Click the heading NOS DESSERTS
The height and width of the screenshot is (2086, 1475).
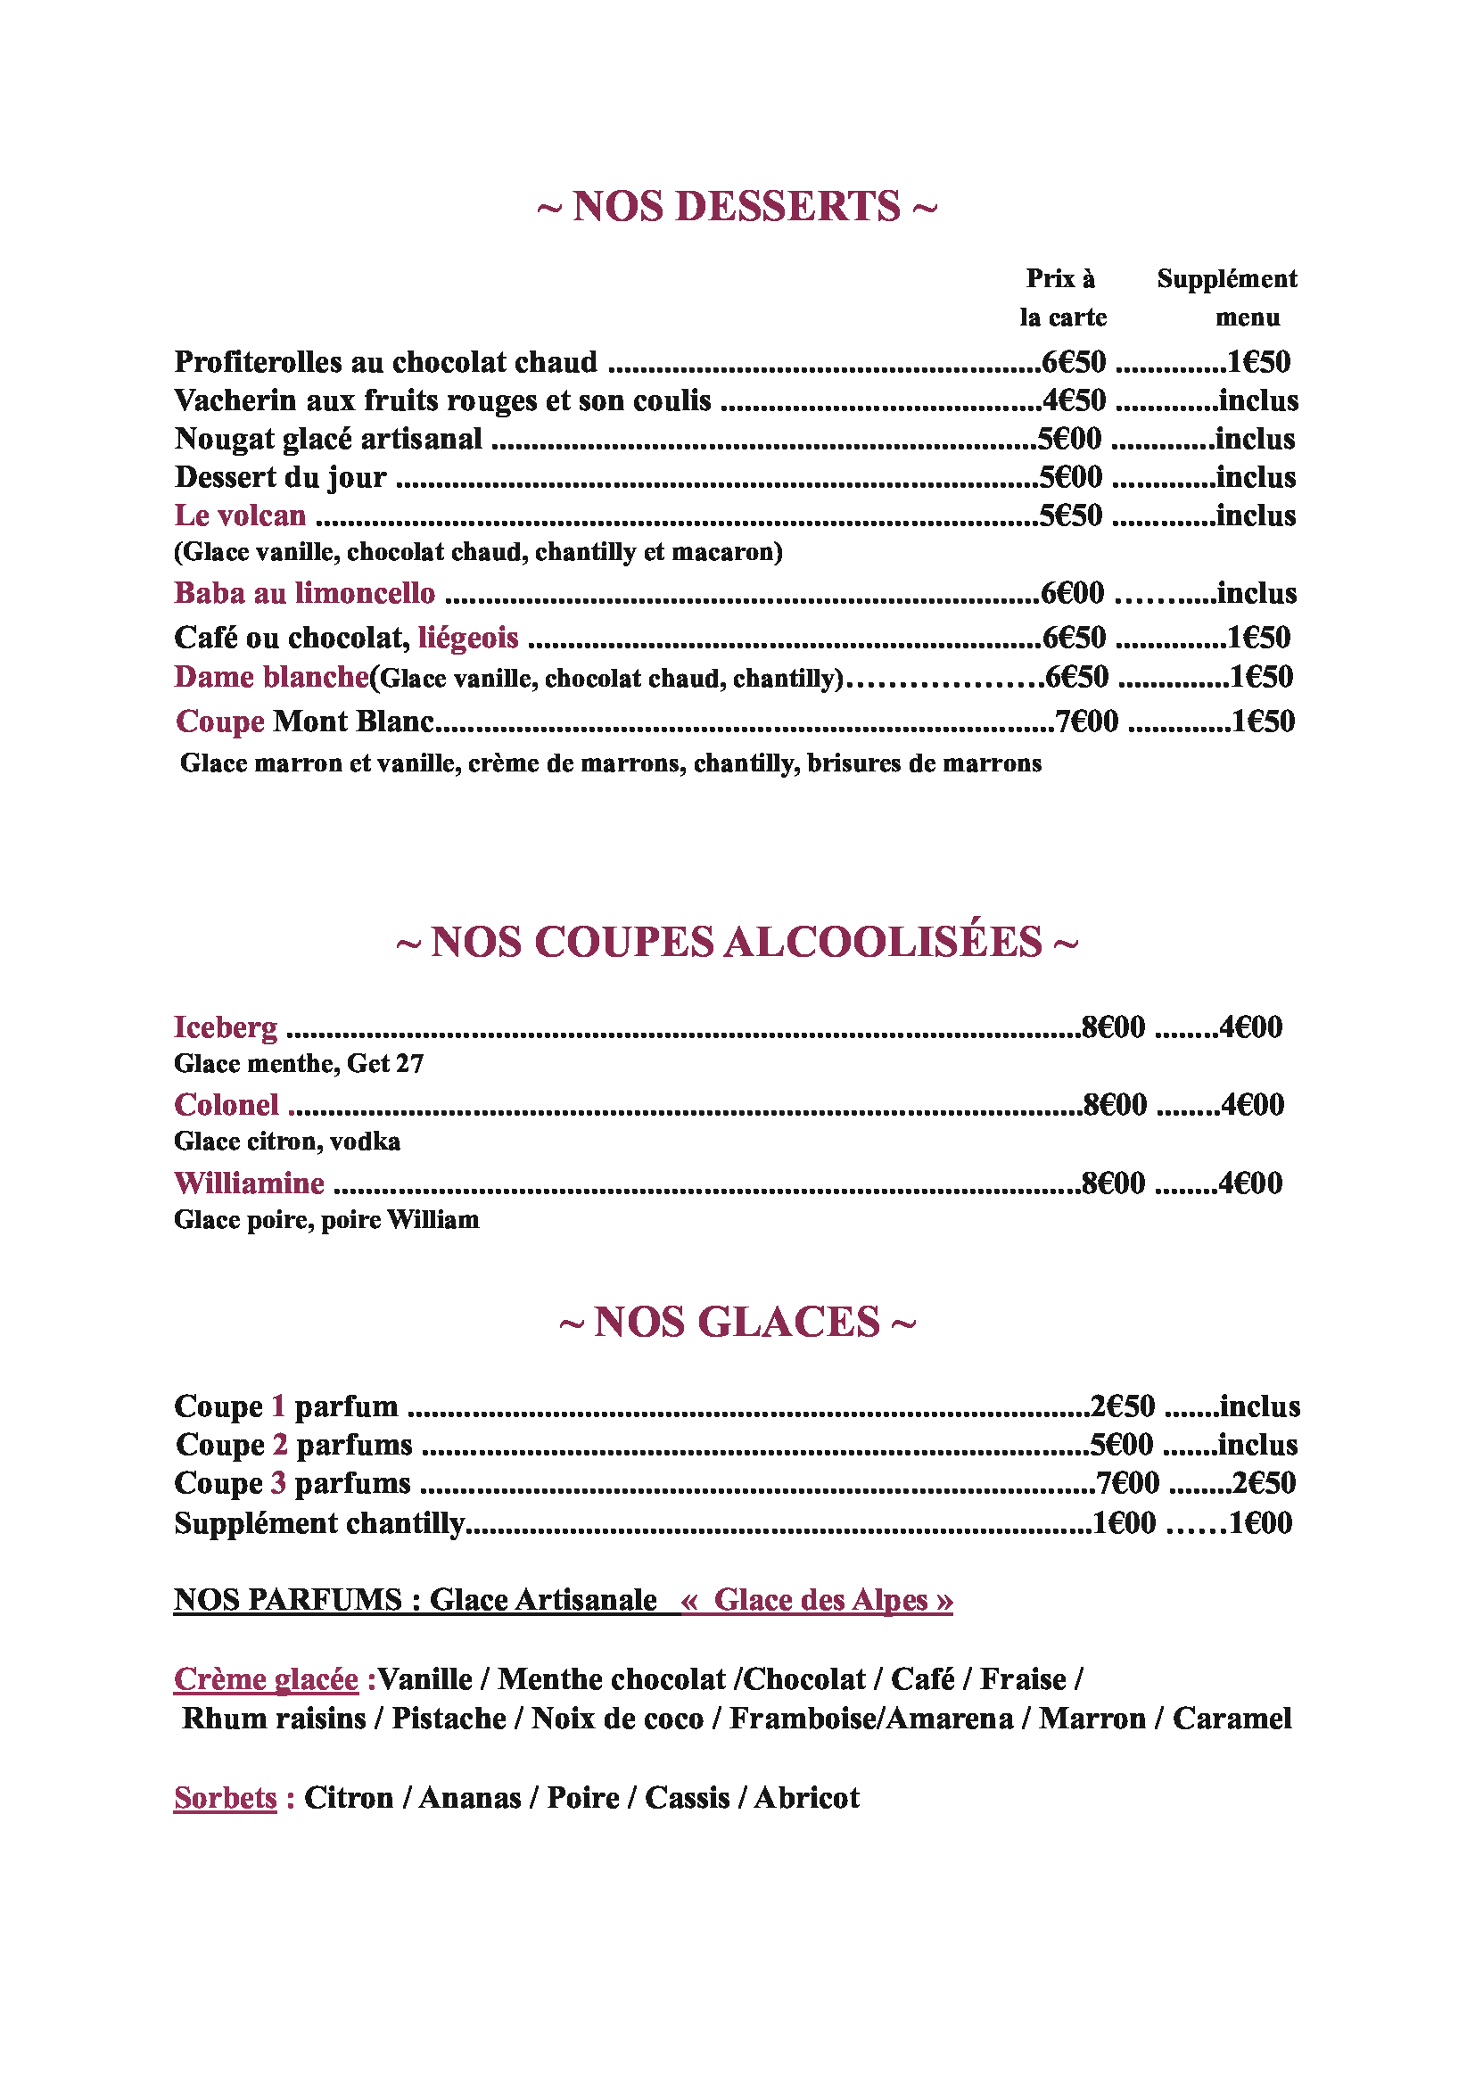click(x=737, y=206)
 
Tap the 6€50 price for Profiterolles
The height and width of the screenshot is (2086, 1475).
click(x=1074, y=361)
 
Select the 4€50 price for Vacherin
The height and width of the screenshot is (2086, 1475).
click(x=1074, y=400)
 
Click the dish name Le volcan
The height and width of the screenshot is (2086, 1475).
click(x=240, y=515)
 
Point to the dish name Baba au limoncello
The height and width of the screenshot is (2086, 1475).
click(x=304, y=592)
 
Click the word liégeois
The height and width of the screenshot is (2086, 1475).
click(x=468, y=637)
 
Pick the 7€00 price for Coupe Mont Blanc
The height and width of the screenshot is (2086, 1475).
click(x=1086, y=721)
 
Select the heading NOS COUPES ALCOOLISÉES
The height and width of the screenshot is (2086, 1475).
click(x=737, y=941)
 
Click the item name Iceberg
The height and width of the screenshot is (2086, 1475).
click(x=226, y=1027)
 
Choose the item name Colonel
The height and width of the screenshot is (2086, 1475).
click(x=227, y=1104)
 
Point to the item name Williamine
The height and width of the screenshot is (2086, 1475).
click(x=249, y=1182)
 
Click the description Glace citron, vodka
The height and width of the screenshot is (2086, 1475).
click(x=287, y=1141)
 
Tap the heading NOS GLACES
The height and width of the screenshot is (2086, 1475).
click(x=737, y=1321)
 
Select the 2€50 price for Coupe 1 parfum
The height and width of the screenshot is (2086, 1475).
click(x=1123, y=1406)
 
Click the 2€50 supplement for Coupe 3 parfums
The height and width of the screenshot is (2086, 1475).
click(x=1264, y=1483)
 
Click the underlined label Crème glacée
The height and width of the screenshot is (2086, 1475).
click(x=266, y=1678)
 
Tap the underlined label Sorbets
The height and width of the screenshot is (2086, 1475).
click(x=226, y=1797)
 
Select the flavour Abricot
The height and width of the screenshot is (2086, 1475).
click(x=806, y=1797)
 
